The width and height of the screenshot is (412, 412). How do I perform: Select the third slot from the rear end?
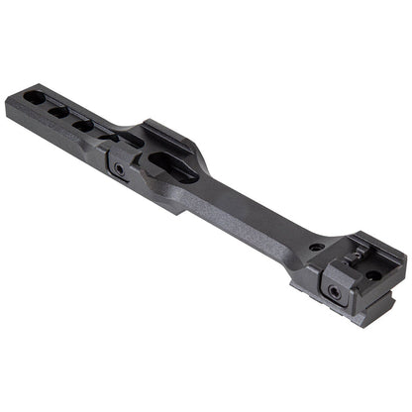point(83,125)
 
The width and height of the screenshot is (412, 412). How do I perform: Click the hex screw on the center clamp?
point(120,169)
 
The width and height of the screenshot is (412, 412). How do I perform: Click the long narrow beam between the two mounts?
point(253,219)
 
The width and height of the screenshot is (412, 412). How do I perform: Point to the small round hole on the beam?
point(315,247)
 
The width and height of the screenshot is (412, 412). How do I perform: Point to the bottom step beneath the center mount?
point(168,204)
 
